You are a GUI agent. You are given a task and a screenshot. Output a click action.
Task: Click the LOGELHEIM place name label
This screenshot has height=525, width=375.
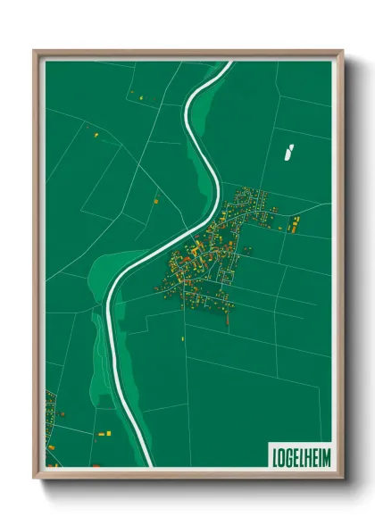(x=302, y=456)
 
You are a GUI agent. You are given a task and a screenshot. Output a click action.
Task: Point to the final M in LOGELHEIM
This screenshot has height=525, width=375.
(x=327, y=456)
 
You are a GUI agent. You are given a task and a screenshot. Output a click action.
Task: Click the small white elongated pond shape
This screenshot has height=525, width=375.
(x=287, y=153)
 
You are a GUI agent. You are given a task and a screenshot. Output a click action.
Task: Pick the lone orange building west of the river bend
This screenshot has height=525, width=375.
(x=154, y=202)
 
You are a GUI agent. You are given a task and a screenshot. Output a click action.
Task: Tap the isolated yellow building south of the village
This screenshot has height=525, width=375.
(x=183, y=338)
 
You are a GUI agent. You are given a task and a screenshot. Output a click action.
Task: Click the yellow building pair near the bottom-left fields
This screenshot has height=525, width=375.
(x=103, y=432)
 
